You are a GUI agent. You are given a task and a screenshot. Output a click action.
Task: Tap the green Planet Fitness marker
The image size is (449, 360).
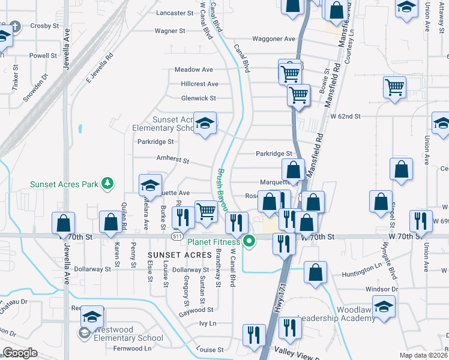point(249,242)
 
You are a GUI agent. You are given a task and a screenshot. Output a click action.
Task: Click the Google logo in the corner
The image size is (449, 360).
point(20,352)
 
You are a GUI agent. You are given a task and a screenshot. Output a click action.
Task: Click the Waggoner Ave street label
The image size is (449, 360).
point(274,39)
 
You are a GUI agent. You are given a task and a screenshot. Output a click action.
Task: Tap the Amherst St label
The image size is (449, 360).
point(173,161)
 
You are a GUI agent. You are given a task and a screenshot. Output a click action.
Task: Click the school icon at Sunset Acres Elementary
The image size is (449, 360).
point(205,124)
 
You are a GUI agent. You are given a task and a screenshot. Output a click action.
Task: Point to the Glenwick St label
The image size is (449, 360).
point(198,98)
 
